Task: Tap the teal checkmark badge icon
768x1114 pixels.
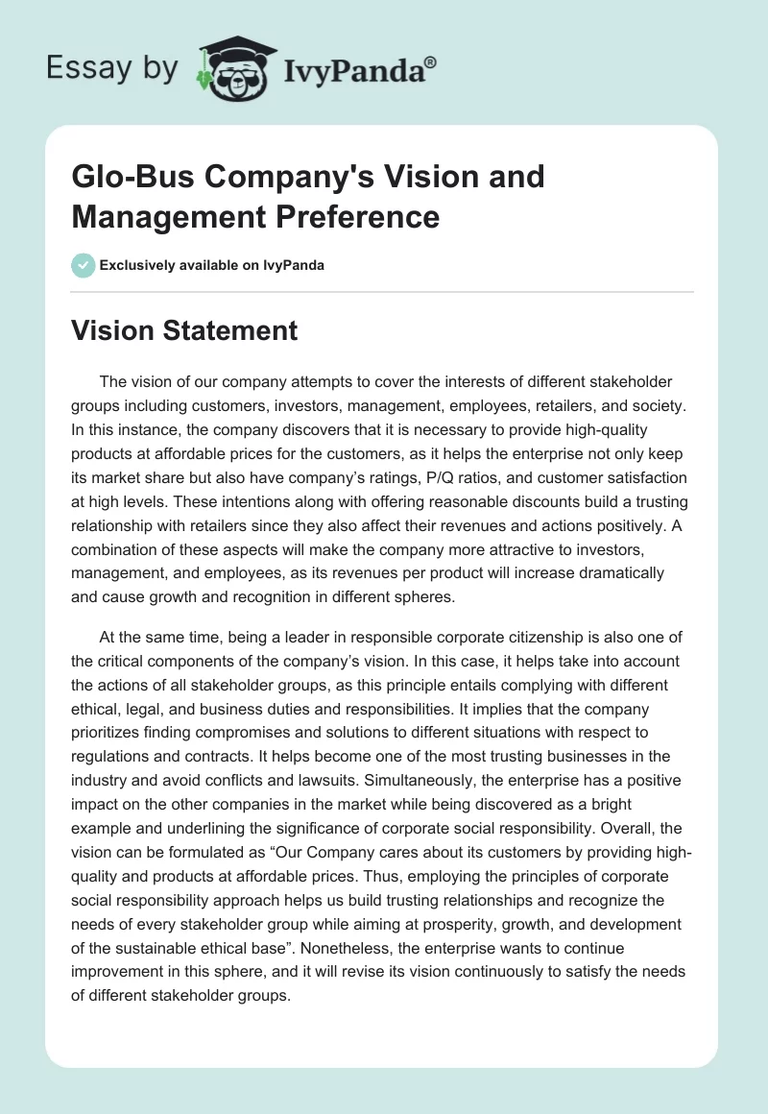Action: pyautogui.click(x=83, y=265)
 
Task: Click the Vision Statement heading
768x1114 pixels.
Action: pyautogui.click(x=184, y=331)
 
